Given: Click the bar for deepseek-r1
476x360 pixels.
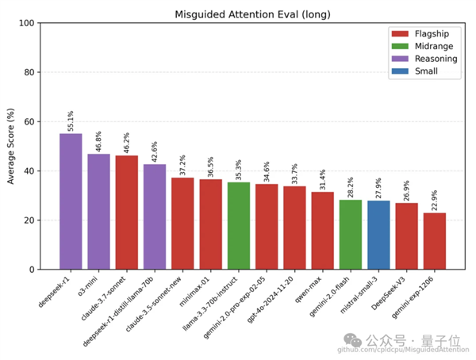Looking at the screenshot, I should point(71,201).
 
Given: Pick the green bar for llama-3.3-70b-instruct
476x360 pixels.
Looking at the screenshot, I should point(239,226).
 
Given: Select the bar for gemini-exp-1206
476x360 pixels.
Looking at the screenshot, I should point(435,241).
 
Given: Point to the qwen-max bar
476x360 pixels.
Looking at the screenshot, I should point(322,231).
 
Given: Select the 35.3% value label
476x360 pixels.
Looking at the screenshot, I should point(239,170).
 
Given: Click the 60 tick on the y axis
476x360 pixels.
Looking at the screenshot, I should point(31,122).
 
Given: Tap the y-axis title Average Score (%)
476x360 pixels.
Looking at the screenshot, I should point(10,147).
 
